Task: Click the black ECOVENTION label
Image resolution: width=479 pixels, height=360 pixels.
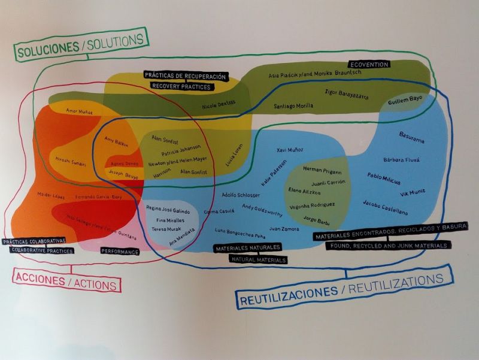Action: [369, 64]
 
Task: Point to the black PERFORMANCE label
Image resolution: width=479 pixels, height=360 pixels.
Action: [120, 252]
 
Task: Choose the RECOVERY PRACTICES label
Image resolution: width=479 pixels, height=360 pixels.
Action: [181, 86]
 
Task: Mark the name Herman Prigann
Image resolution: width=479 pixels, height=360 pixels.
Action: [320, 170]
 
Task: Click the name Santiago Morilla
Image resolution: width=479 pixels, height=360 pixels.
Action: [293, 106]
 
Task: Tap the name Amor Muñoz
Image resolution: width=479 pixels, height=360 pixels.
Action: [79, 111]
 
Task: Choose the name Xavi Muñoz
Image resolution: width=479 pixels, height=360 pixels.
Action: [290, 149]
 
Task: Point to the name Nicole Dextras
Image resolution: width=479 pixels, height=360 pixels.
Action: [219, 104]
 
